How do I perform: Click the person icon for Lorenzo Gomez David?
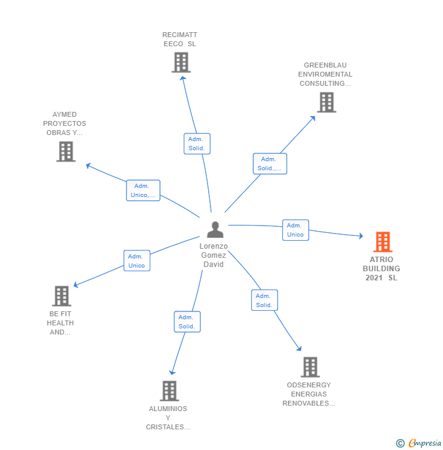point(215,230)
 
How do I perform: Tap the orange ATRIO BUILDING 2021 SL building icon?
point(382,242)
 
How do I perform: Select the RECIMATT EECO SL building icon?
point(181,62)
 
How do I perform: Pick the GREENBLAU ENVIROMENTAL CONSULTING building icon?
point(326,102)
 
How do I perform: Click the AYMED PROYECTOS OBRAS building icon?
point(66,151)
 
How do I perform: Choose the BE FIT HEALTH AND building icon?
point(61,296)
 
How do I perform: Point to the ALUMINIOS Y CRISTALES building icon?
point(169,391)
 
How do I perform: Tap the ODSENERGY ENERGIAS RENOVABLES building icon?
point(310,367)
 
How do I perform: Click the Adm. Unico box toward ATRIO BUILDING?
point(295,230)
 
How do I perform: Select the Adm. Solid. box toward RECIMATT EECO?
point(197,144)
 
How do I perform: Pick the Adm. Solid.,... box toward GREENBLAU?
point(270,164)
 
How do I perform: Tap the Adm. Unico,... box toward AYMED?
point(143,190)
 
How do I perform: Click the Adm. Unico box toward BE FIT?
point(136,261)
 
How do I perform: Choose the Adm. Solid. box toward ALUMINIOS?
point(187,322)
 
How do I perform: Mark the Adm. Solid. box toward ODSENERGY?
point(264,300)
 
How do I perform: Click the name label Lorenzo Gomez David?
point(214,255)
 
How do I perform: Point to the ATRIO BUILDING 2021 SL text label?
point(382,269)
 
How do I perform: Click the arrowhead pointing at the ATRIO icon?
point(360,236)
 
